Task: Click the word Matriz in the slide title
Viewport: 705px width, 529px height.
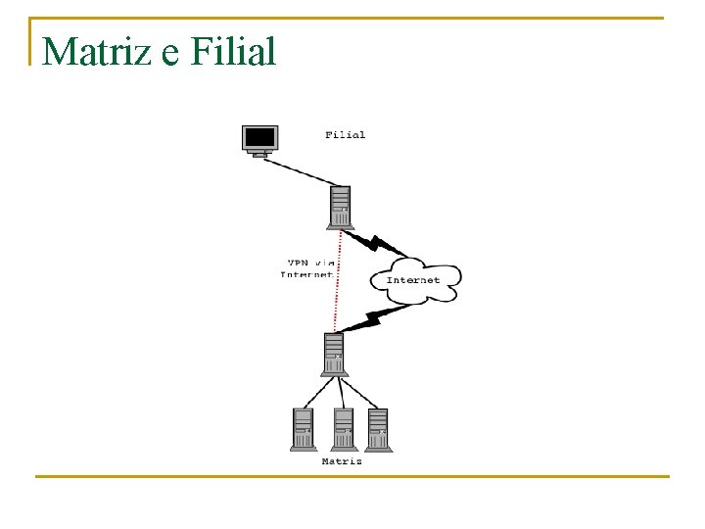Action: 98,51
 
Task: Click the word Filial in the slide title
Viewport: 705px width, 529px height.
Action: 234,51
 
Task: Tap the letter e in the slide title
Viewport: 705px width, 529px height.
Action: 170,54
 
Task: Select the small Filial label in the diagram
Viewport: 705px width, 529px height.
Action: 345,135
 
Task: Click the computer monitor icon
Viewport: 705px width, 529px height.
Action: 260,140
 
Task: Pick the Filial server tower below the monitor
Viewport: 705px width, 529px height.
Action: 341,207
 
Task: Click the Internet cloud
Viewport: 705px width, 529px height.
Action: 414,279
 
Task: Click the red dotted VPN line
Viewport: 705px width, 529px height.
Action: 338,284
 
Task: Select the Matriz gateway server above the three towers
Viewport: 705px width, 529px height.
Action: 334,354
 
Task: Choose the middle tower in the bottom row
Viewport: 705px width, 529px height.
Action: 342,429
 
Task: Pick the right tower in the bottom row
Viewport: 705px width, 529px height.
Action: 379,429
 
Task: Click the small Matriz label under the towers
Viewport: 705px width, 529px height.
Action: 342,460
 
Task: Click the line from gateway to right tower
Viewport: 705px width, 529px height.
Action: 360,393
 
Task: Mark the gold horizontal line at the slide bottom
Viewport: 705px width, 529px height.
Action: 352,477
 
